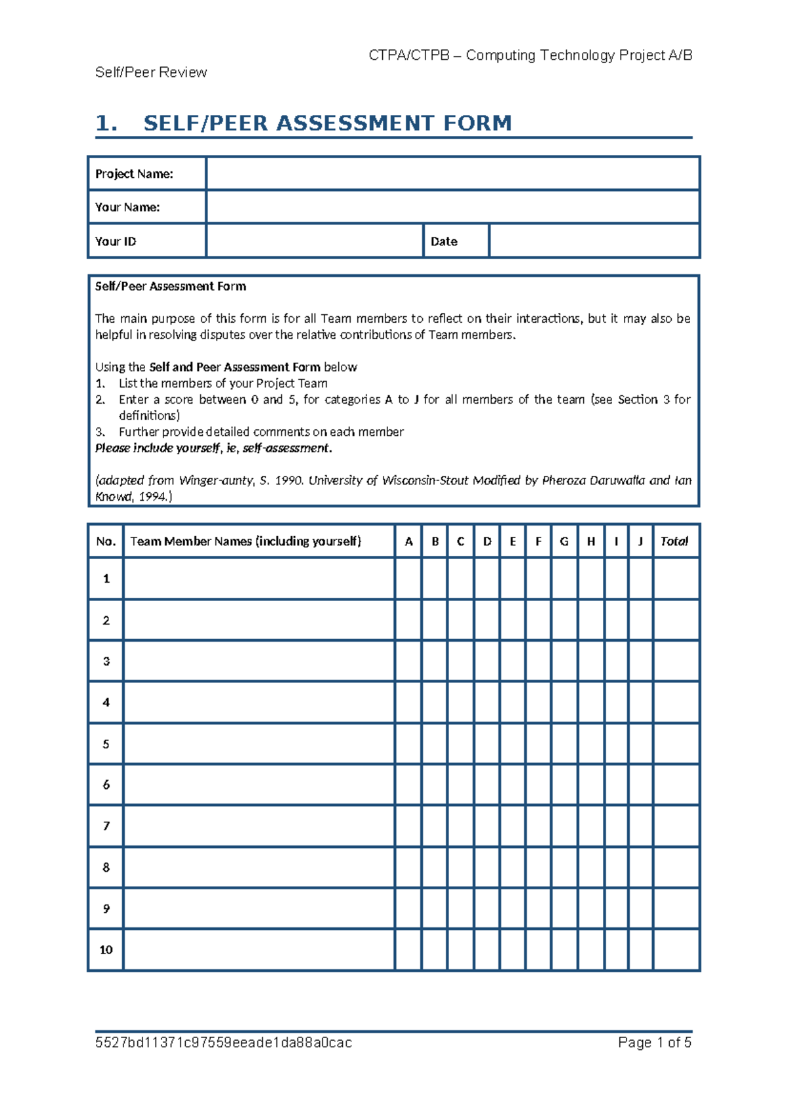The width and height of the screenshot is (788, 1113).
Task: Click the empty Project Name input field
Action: tap(452, 174)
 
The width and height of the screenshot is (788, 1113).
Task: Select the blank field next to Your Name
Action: tap(452, 207)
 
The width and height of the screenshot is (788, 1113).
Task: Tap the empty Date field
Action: tap(594, 241)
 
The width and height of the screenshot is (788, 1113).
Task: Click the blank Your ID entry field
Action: tap(315, 241)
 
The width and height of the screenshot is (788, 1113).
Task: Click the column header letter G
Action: tap(564, 541)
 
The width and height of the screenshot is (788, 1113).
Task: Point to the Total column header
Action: tap(674, 541)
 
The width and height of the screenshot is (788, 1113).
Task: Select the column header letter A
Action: tap(408, 541)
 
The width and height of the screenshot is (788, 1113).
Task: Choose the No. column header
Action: tap(106, 541)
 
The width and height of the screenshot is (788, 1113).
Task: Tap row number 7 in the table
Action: tap(106, 826)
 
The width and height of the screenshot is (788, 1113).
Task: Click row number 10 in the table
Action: tap(106, 950)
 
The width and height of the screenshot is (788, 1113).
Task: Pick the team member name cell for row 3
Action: tap(259, 661)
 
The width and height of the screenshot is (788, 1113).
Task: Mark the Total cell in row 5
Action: tap(676, 744)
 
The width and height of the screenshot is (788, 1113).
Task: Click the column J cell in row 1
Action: tap(640, 579)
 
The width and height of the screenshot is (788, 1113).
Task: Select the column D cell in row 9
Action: tap(487, 909)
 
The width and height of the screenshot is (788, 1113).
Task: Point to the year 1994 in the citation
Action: tap(152, 497)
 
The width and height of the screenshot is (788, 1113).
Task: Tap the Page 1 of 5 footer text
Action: tap(655, 1043)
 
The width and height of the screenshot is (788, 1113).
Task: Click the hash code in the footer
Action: tap(223, 1043)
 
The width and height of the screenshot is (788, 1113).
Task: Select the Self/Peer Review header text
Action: tap(151, 72)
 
